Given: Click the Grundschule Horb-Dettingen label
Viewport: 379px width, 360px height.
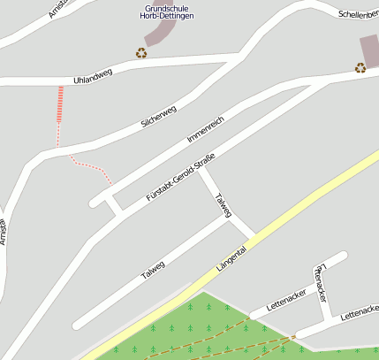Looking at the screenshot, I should (x=169, y=12).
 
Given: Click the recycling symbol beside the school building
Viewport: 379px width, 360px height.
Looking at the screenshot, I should (x=140, y=52).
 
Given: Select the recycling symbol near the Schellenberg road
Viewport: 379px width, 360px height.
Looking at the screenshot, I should (x=360, y=67).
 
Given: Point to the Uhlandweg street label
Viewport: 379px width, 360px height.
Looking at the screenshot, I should (x=93, y=79).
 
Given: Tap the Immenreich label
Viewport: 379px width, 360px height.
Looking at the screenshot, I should (x=206, y=128).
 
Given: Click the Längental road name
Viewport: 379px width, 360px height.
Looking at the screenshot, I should (x=231, y=255).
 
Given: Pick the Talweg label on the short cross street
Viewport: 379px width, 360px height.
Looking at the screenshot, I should (x=224, y=204).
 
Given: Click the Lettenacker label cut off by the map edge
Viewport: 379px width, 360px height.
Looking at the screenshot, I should (x=360, y=312).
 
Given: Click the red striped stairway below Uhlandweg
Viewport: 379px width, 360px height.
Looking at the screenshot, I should (x=61, y=104).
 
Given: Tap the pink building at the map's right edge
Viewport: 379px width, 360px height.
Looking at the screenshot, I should (x=369, y=50).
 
